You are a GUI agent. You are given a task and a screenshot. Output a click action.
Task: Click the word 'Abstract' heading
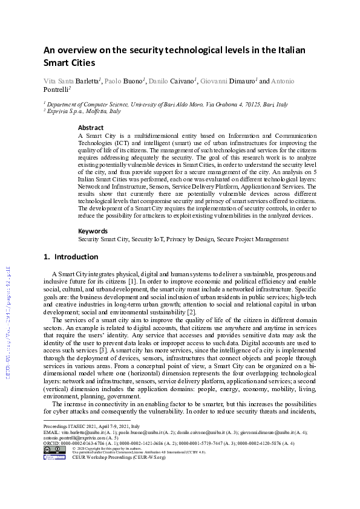tap(91, 128)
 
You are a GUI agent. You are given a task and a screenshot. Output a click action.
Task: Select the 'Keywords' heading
tap(93, 231)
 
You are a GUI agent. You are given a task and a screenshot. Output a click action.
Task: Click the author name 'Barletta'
tap(90, 80)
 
